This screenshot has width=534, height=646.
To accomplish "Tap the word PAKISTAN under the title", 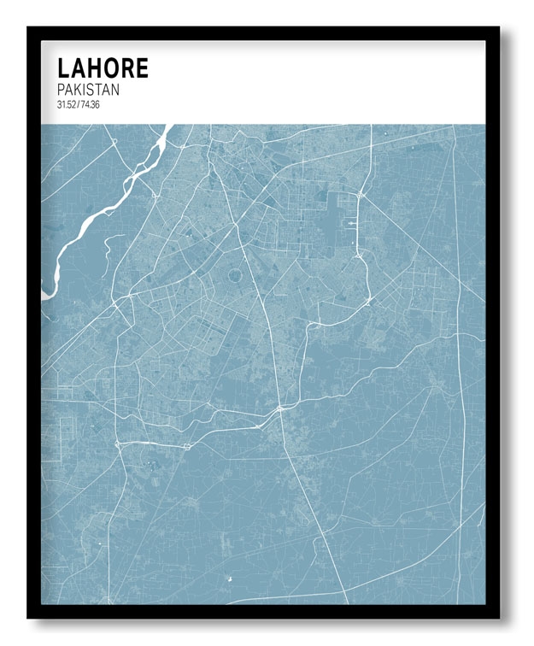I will pyautogui.click(x=88, y=90).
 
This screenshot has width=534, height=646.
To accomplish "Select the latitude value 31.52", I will pyautogui.click(x=67, y=105).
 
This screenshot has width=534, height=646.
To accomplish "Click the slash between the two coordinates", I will pyautogui.click(x=78, y=105).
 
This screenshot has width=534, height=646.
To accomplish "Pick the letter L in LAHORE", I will pyautogui.click(x=63, y=68).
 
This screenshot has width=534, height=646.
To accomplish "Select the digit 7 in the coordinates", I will pyautogui.click(x=83, y=105).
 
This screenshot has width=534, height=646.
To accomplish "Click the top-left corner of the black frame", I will pyautogui.click(x=29, y=28).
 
